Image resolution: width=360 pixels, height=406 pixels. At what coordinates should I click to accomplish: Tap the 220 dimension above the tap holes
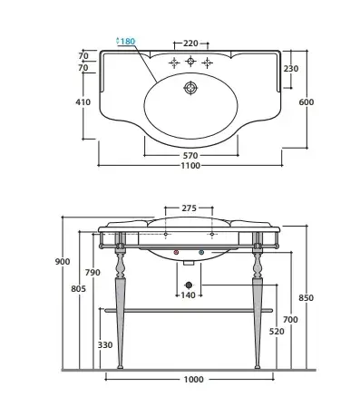(x=190, y=43)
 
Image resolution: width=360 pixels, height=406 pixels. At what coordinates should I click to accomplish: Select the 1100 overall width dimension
(x=190, y=166)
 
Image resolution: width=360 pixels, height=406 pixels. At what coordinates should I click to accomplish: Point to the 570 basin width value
(x=190, y=156)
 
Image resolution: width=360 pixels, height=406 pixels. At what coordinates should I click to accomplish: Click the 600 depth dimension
(x=306, y=102)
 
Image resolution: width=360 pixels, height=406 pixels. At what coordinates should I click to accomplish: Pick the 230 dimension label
(x=291, y=69)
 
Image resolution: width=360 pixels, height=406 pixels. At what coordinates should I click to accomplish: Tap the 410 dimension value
(x=83, y=102)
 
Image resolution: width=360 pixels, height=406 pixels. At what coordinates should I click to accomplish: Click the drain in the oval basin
(x=190, y=88)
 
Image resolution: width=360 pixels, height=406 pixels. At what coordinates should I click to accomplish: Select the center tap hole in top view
(x=190, y=62)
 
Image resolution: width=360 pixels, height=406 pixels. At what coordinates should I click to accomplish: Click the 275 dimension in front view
(x=190, y=208)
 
